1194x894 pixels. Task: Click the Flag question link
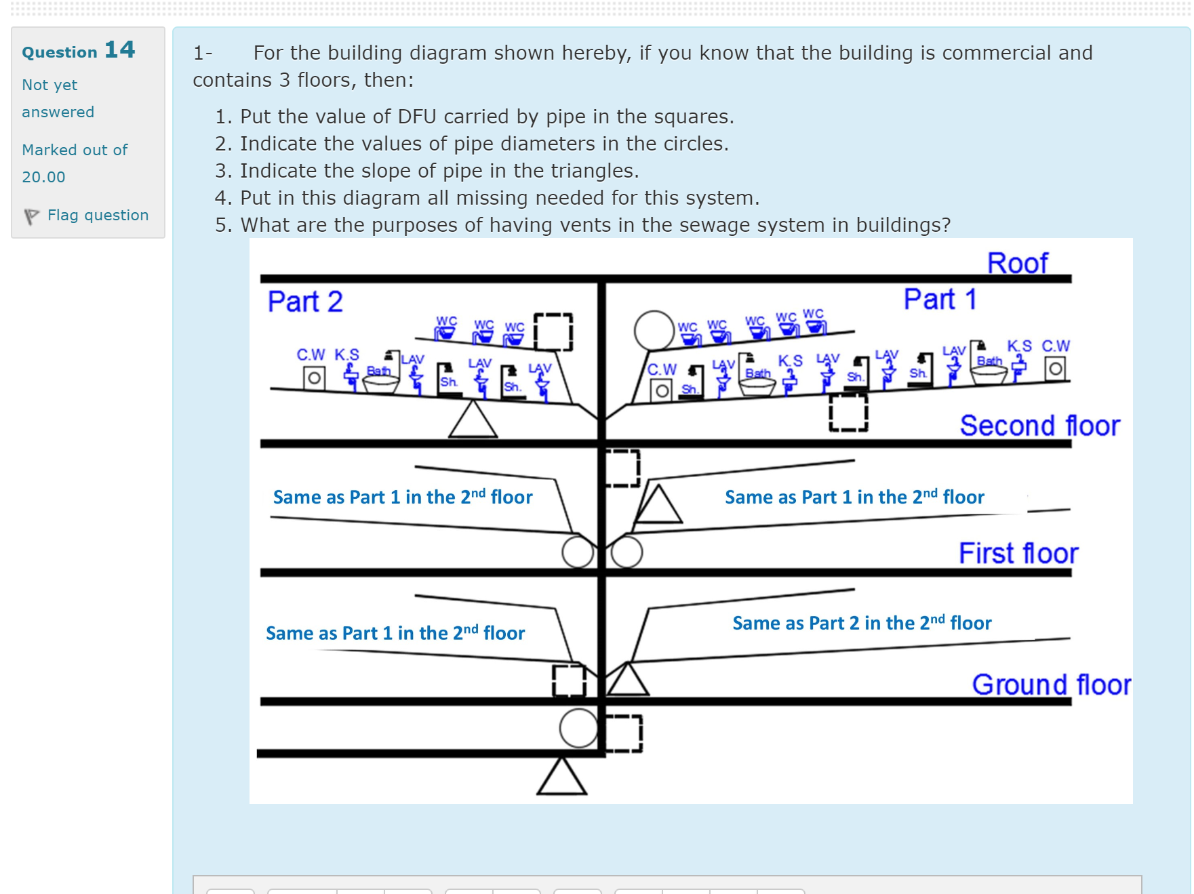[x=97, y=215]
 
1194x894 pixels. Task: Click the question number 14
[x=119, y=49]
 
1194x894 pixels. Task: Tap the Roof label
[x=1017, y=263]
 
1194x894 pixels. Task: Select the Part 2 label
[x=305, y=302]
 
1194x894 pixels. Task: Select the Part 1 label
[x=940, y=299]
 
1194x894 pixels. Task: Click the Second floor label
[x=1039, y=426]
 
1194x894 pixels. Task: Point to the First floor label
[x=1018, y=553]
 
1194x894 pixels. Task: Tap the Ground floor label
[x=1051, y=685]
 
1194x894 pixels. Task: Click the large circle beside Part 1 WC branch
[x=654, y=330]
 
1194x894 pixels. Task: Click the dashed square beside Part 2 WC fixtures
[x=553, y=331]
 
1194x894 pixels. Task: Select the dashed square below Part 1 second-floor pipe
[x=848, y=412]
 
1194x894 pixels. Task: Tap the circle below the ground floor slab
[x=578, y=729]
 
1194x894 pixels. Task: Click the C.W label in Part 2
[x=311, y=354]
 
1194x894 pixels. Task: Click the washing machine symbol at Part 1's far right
[x=1055, y=369]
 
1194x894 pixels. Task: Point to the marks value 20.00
[x=43, y=177]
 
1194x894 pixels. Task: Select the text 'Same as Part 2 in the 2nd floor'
[x=862, y=623]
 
